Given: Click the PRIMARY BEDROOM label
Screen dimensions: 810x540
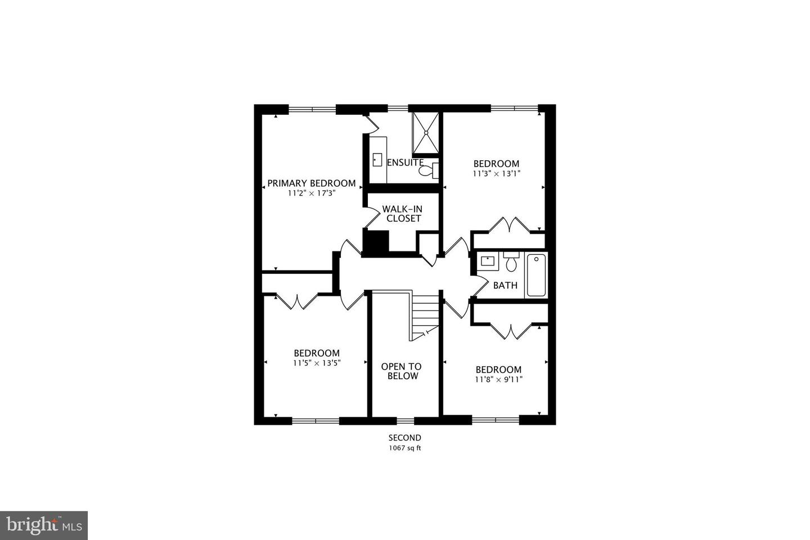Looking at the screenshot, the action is tap(312, 183).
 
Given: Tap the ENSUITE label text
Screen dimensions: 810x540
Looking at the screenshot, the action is tap(405, 163).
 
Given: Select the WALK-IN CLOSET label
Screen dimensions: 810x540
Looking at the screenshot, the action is tap(403, 214).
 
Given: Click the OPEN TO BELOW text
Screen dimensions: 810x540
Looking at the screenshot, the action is tap(402, 371).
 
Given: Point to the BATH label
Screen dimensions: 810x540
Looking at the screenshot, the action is tap(505, 285).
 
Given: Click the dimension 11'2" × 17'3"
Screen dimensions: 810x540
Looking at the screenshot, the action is tap(312, 193).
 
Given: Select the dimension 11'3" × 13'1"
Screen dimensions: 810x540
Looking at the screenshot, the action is tap(497, 174).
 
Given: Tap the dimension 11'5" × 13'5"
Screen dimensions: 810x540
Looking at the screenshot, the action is tap(317, 363).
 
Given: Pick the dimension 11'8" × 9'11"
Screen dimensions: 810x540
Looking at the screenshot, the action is tap(498, 380).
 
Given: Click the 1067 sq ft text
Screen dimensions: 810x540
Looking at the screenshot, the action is tap(405, 448).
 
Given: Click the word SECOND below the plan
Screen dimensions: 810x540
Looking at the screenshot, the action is tap(405, 438).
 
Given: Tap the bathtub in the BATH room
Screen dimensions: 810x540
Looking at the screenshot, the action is tap(536, 275).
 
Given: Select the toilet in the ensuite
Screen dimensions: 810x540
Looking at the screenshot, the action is tap(429, 170).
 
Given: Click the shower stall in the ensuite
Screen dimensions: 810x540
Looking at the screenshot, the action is tap(426, 133).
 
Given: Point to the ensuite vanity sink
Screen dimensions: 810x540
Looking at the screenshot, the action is tap(377, 160).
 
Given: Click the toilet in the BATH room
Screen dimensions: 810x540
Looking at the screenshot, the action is tap(511, 262).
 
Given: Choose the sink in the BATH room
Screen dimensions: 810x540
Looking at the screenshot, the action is tap(488, 260).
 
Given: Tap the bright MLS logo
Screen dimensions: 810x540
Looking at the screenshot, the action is tap(44, 525).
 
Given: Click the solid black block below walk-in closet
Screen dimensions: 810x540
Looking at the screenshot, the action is tap(376, 242).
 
